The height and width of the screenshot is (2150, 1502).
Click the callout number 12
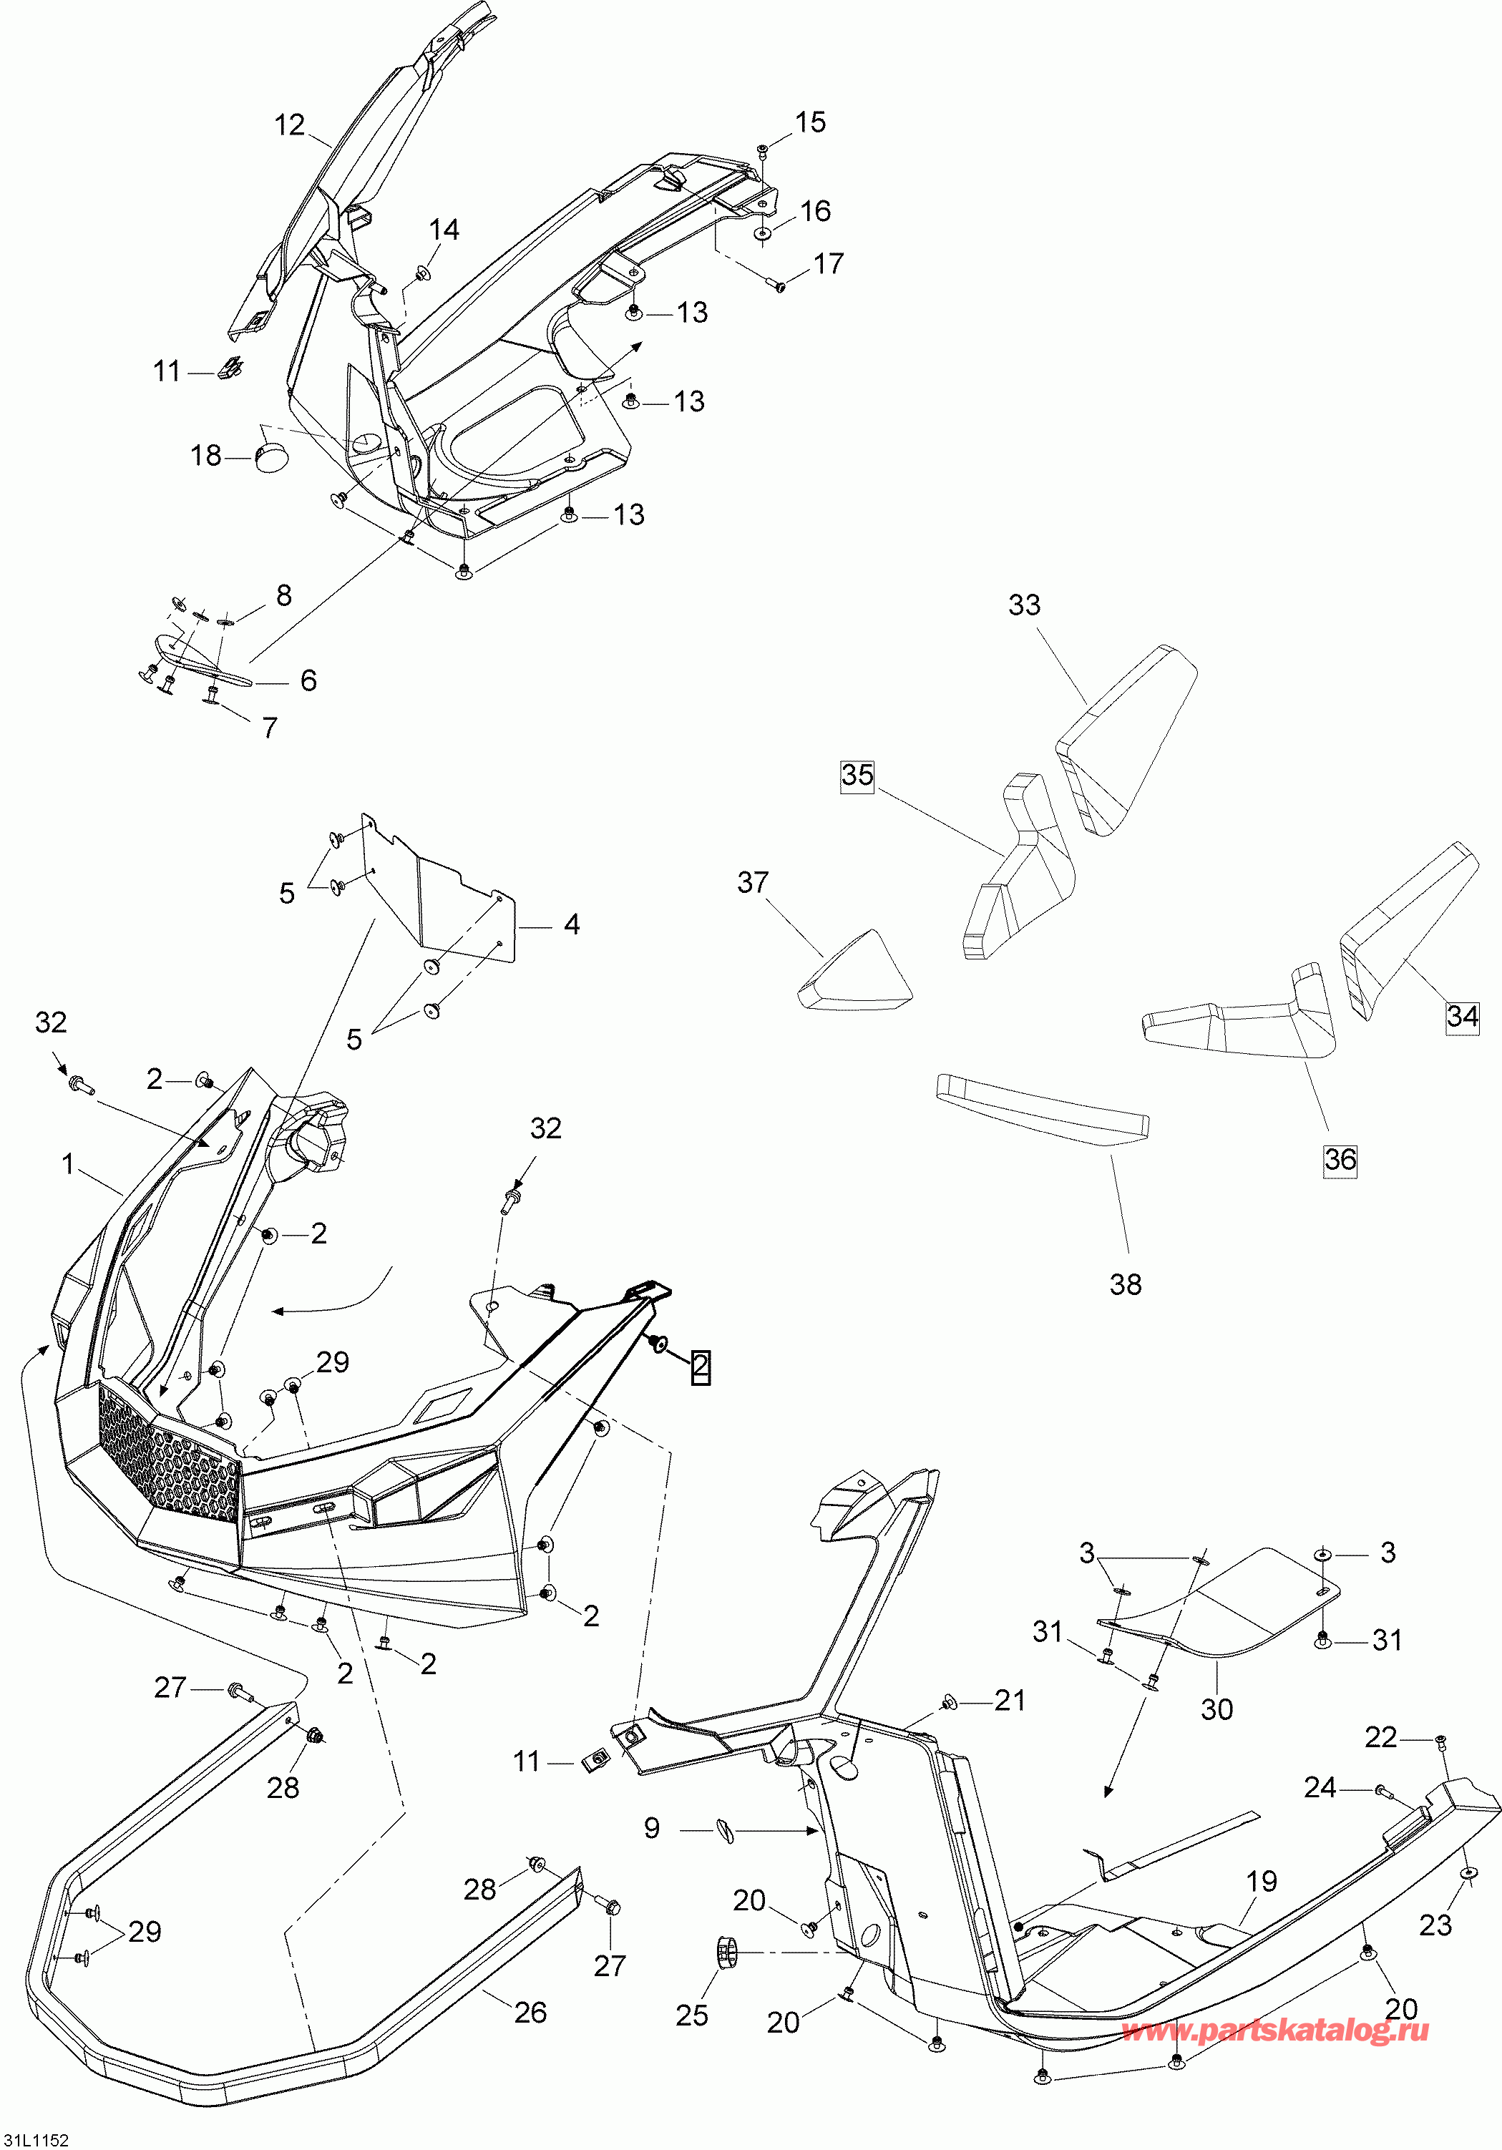point(291,124)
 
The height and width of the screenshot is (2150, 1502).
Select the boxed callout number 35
point(857,776)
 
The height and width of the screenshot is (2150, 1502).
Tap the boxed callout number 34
point(1462,1016)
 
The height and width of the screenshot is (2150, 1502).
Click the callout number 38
point(1126,1284)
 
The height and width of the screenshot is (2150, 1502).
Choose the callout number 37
point(753,882)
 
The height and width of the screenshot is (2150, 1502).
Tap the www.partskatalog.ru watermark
point(1275,2030)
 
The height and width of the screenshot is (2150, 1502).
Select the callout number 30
point(1216,1709)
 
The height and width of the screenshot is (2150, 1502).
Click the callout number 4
point(571,925)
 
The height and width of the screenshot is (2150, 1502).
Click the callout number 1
point(67,1164)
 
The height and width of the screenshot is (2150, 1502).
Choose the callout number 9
point(652,1828)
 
